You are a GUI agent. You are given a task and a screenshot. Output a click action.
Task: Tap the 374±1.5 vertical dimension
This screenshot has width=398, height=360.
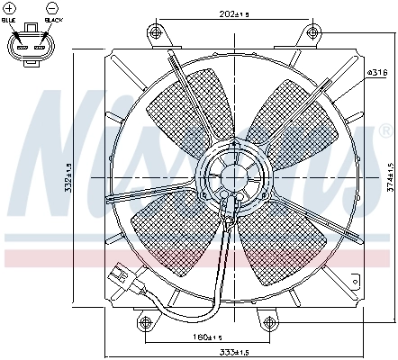(x=389, y=176)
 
